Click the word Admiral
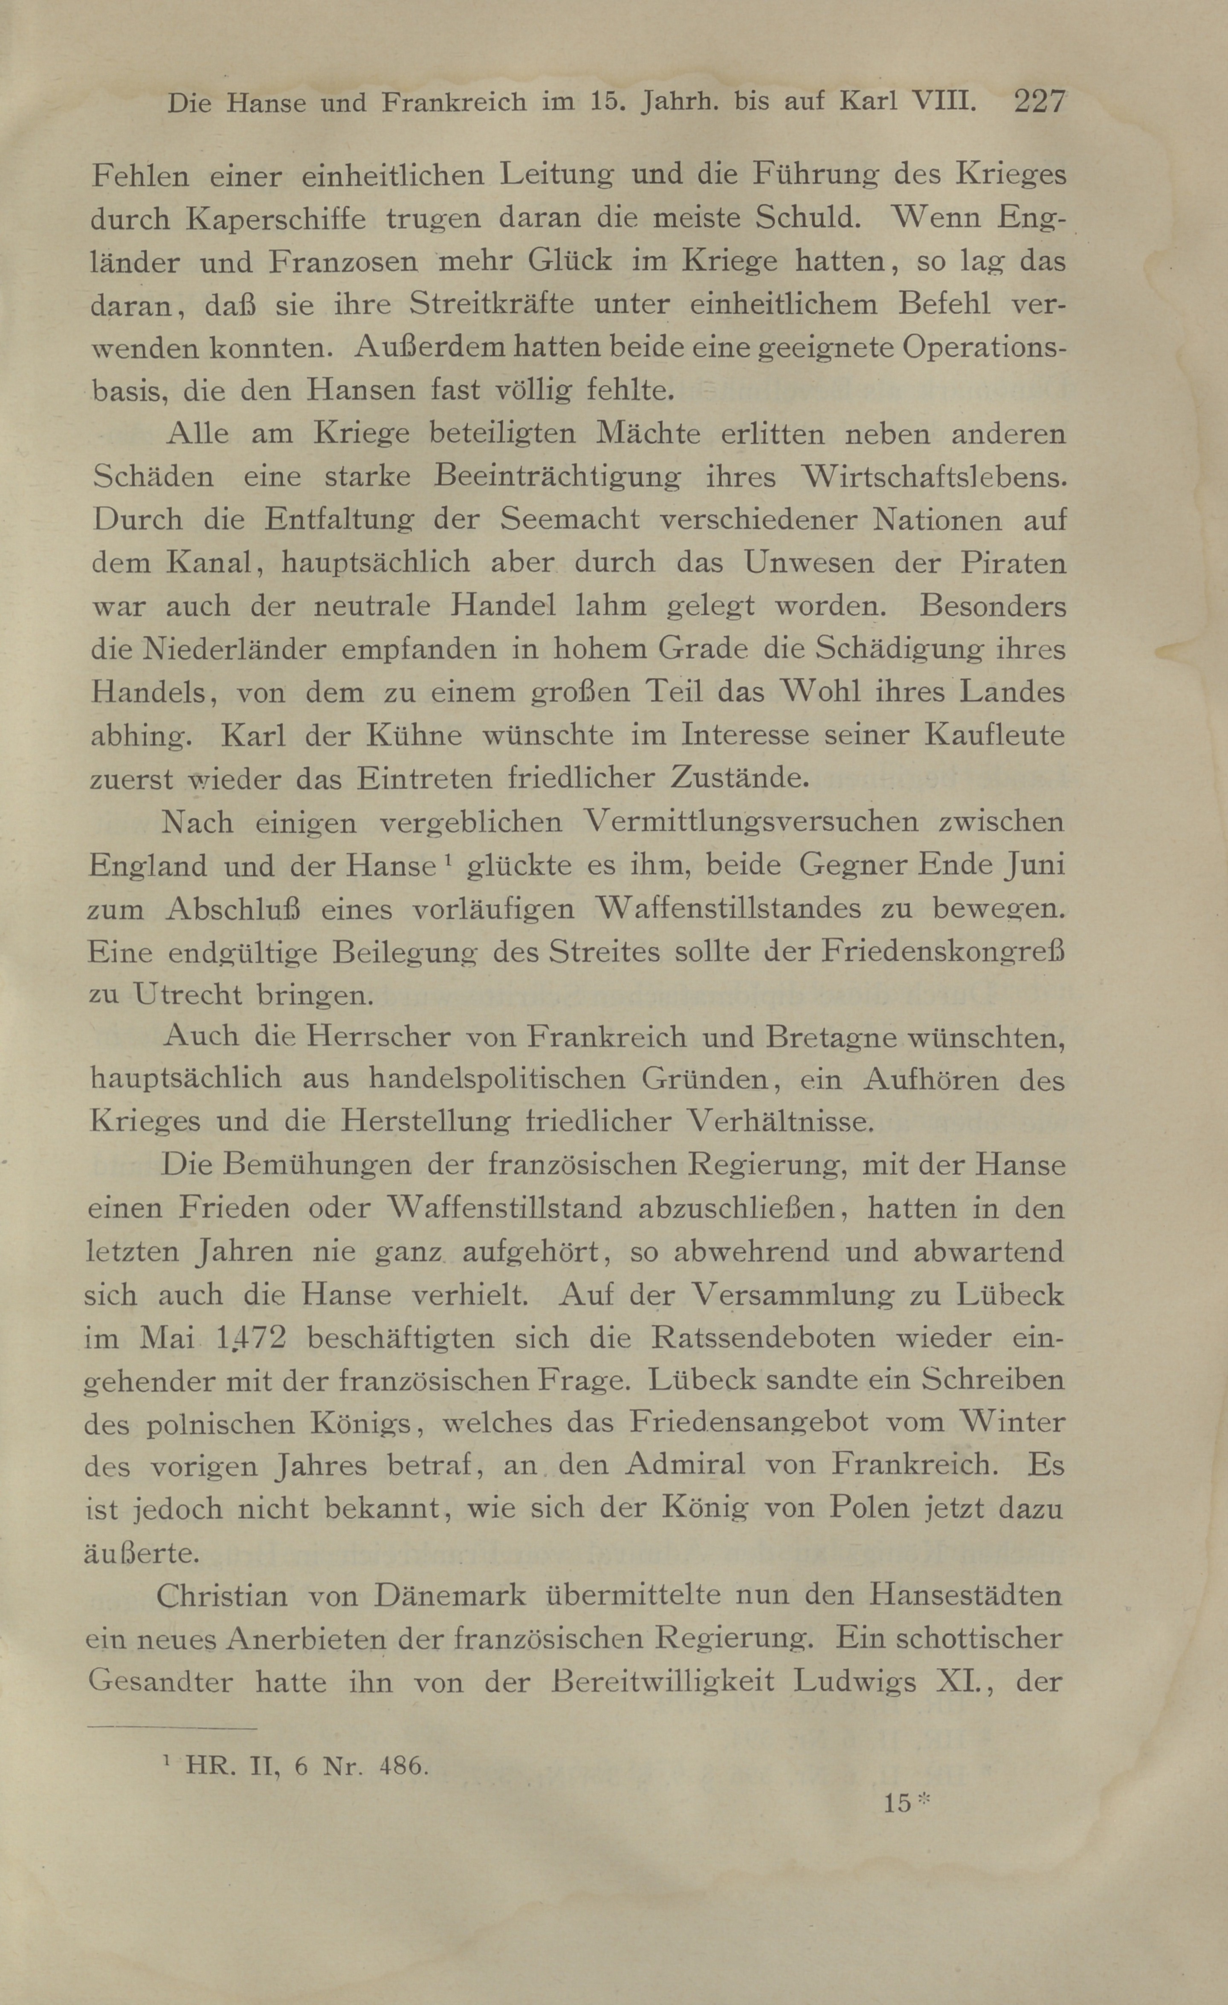click(x=686, y=1465)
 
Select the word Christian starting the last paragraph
click(x=221, y=1596)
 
